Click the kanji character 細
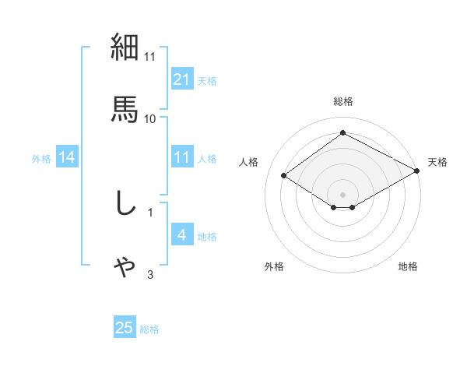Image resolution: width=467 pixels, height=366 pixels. (125, 48)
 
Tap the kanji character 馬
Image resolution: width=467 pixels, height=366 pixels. (125, 107)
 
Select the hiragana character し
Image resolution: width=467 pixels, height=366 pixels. (125, 203)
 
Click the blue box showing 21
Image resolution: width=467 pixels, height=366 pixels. (181, 79)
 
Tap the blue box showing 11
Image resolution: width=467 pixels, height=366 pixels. (181, 157)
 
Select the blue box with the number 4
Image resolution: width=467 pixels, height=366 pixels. (181, 235)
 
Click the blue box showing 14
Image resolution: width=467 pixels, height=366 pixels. (67, 157)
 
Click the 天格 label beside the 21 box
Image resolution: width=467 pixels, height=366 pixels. (207, 80)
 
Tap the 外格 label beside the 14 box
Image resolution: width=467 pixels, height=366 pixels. (41, 158)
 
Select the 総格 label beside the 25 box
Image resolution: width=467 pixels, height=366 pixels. (149, 329)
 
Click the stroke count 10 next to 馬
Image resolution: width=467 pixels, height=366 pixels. (150, 118)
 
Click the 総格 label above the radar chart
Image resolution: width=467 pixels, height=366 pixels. (343, 101)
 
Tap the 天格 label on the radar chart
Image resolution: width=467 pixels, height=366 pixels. (437, 162)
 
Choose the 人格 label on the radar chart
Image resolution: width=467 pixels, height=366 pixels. (248, 162)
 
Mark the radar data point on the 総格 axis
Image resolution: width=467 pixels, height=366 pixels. (342, 133)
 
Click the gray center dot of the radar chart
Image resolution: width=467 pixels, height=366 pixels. (342, 194)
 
